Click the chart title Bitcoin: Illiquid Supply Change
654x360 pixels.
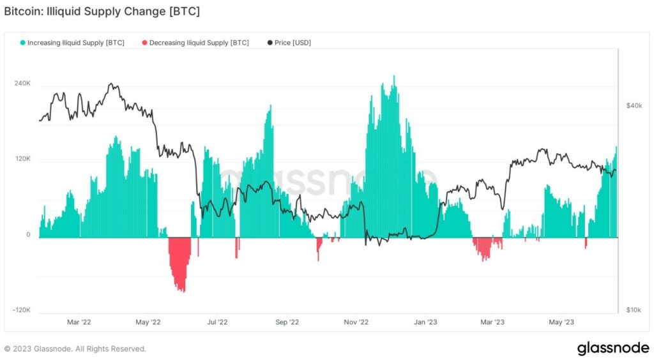point(102,12)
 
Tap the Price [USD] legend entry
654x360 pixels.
point(293,43)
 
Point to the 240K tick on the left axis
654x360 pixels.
point(23,84)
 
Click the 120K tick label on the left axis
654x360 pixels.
point(23,159)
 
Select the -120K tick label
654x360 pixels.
point(22,310)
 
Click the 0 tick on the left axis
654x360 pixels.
point(28,235)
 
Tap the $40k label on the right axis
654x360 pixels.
point(634,105)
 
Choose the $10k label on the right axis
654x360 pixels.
point(634,310)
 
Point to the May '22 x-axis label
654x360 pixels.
point(148,322)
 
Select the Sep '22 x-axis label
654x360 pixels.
point(287,322)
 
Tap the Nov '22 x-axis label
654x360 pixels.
point(356,322)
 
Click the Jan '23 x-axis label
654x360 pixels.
point(425,322)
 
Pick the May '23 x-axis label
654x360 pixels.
point(561,322)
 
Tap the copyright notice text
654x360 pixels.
point(75,349)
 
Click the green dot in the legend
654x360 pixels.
point(23,43)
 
